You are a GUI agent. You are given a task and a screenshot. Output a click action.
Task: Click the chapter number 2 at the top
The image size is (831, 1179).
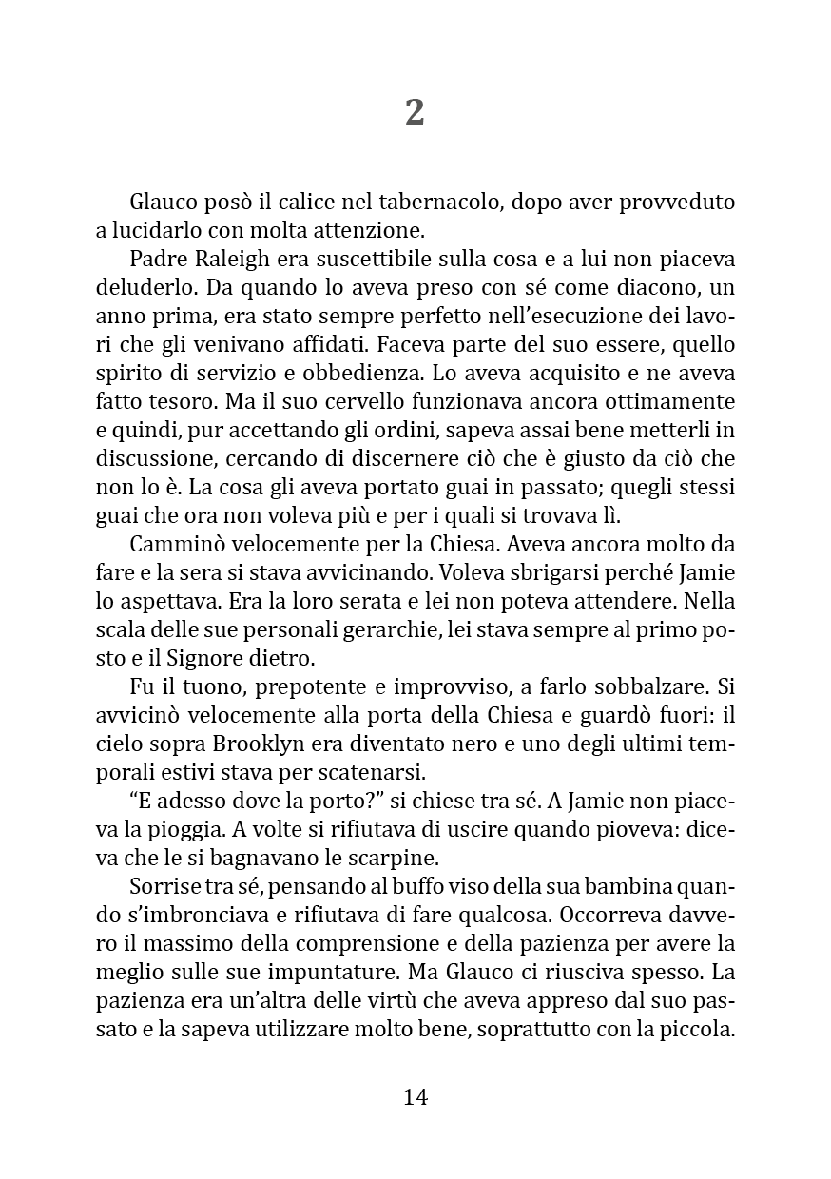point(415,113)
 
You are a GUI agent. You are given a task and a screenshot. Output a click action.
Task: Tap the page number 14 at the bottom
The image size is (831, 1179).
point(415,1096)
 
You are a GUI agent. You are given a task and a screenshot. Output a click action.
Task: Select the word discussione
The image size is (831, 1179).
point(156,459)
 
